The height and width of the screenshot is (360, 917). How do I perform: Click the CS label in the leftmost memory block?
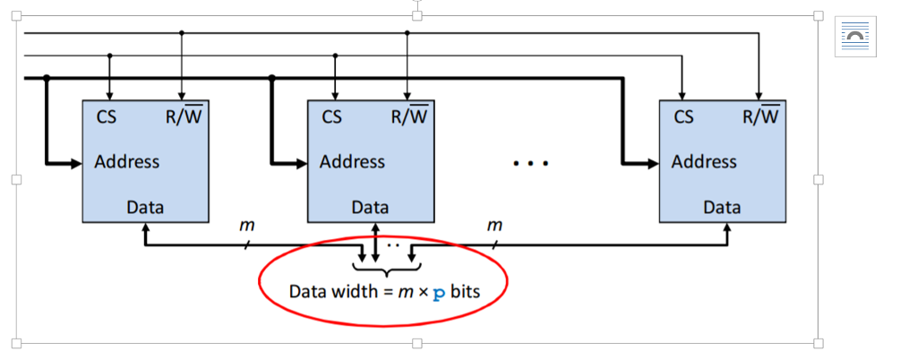click(105, 116)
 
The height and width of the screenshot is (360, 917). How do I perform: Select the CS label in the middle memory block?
click(331, 116)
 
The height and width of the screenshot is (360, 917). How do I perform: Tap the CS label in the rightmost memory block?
click(683, 116)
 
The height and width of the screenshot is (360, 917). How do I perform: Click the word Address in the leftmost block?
click(126, 162)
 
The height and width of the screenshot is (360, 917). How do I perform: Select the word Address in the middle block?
click(352, 162)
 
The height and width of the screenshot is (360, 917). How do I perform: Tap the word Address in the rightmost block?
click(704, 162)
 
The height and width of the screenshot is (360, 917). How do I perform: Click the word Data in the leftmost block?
click(145, 208)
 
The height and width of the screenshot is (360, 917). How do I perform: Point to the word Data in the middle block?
click(370, 208)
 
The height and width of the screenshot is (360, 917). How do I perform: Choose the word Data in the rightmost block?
click(722, 208)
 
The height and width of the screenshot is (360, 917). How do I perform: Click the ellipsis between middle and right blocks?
click(530, 164)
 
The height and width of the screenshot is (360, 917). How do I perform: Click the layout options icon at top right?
click(855, 36)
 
